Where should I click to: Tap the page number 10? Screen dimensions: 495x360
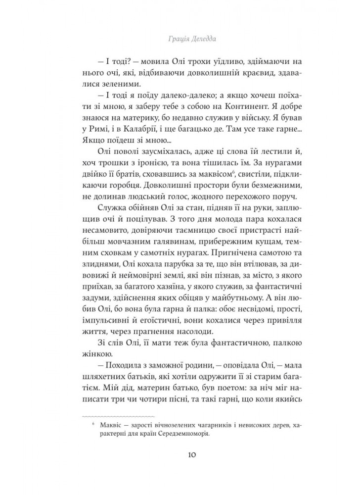coord(180,456)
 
